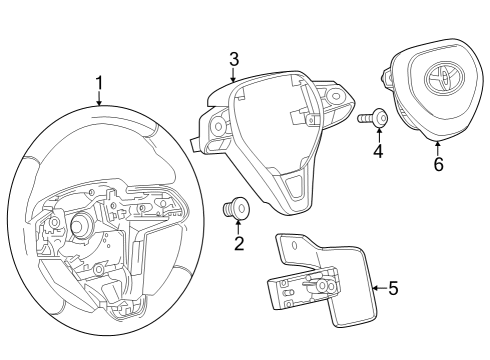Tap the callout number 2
239,244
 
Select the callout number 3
233,58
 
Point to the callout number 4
378,153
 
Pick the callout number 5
393,289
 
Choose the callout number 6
438,164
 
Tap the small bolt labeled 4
373,118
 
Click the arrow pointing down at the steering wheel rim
99,98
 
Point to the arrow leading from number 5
377,289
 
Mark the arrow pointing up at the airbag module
438,148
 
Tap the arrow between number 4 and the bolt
378,136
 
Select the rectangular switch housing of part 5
296,291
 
